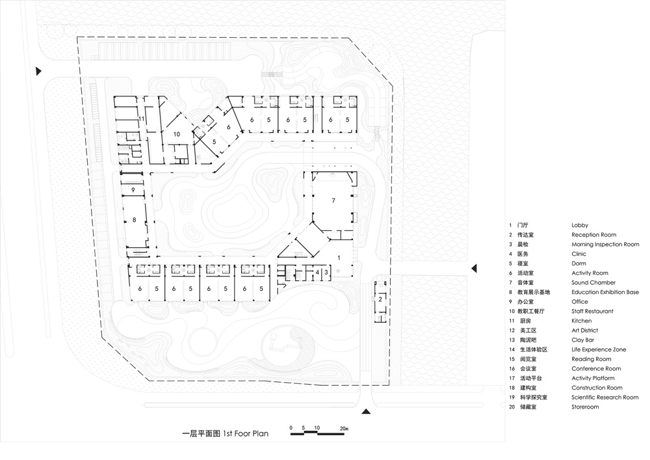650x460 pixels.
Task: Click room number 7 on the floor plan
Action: point(333,200)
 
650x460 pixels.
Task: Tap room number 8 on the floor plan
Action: point(135,221)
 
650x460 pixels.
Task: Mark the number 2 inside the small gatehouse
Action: point(380,299)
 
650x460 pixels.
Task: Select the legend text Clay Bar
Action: point(582,340)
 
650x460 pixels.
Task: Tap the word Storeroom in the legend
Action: point(585,407)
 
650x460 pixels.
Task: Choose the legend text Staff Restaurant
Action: point(592,311)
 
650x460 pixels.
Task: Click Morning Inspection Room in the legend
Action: point(605,244)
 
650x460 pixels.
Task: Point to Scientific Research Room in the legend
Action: point(604,397)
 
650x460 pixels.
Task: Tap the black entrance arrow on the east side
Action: point(474,267)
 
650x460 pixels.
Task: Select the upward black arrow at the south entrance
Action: point(365,411)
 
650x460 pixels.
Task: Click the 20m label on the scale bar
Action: point(344,428)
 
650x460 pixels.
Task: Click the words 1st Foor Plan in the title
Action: point(245,433)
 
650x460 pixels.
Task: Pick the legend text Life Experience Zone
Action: point(599,349)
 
